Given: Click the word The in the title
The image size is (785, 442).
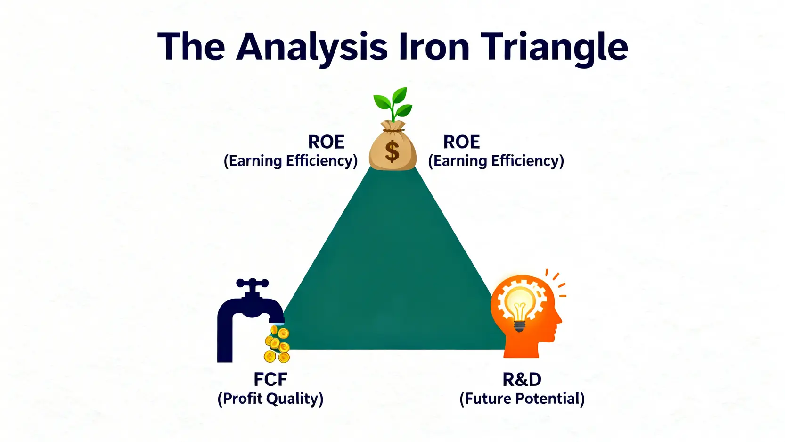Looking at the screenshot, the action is click(x=191, y=47).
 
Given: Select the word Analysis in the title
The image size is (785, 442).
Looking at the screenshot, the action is click(x=312, y=50).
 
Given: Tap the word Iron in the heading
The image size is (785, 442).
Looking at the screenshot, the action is click(x=434, y=47).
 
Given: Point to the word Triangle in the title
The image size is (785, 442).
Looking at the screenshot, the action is click(x=554, y=50).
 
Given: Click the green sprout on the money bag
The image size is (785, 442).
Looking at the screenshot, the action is click(x=393, y=104).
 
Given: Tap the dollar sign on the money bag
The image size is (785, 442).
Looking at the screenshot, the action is click(x=392, y=151).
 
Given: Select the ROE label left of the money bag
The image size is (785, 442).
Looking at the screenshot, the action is click(x=326, y=142).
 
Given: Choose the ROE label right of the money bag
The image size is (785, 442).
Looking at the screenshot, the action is click(x=462, y=142).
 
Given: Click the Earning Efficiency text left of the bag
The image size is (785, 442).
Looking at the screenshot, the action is click(x=291, y=161).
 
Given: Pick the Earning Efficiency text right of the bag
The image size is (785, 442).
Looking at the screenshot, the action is click(x=496, y=161).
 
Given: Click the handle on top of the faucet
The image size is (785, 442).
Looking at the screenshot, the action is click(x=253, y=284).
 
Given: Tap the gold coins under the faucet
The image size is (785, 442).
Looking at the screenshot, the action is click(x=277, y=344).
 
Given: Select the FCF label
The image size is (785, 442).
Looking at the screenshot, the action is click(x=270, y=380).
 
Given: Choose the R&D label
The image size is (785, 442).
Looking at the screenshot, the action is click(x=522, y=380).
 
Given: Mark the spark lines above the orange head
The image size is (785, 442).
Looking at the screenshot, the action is click(x=556, y=283).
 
